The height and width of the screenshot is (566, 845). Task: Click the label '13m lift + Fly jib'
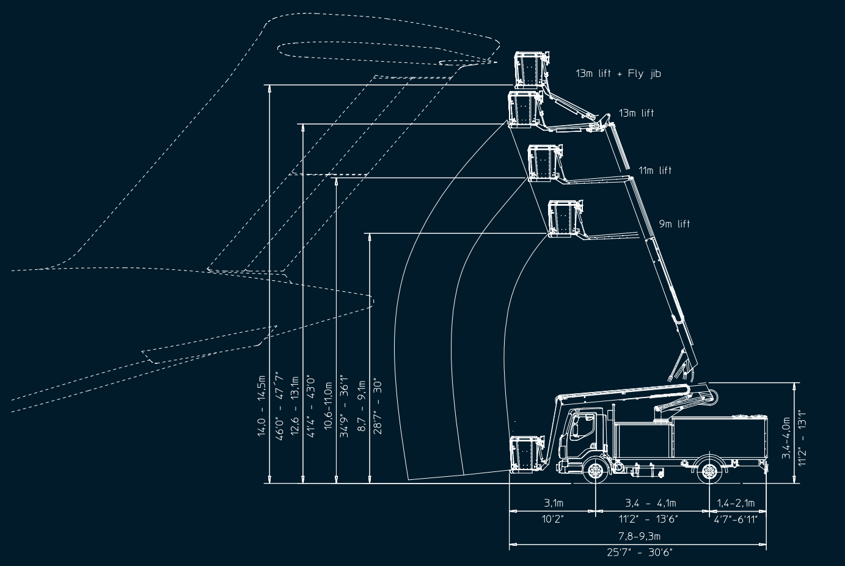tap(618, 74)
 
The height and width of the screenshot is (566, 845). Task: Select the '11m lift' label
tap(655, 170)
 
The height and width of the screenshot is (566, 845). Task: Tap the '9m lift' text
tap(674, 224)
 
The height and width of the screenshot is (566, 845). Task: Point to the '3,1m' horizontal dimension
tap(553, 503)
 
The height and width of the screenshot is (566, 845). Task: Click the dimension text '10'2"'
tap(553, 519)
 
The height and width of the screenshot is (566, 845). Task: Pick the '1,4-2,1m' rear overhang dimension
tap(736, 503)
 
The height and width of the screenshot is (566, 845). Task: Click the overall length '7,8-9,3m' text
tap(639, 536)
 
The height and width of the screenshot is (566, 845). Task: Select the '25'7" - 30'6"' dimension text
tap(639, 552)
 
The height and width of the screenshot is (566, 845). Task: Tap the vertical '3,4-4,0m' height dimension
tap(787, 434)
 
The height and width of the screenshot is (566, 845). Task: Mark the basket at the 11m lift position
tap(543, 163)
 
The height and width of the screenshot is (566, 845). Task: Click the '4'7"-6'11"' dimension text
tap(736, 519)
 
